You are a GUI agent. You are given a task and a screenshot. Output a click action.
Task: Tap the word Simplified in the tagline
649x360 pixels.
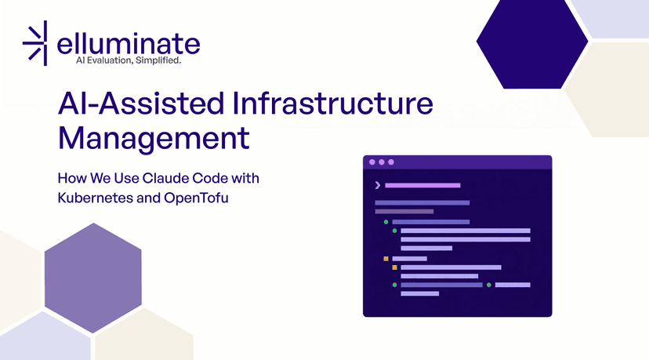click(x=158, y=60)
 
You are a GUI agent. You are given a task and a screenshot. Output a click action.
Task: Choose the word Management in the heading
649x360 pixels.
click(x=154, y=139)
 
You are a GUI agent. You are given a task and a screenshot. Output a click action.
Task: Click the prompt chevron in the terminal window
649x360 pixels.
click(x=378, y=185)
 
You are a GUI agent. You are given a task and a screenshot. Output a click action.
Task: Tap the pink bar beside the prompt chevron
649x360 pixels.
click(x=422, y=185)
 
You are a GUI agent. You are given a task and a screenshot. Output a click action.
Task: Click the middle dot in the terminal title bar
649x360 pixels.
click(x=382, y=162)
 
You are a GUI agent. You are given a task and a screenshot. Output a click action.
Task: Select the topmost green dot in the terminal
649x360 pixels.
click(x=386, y=222)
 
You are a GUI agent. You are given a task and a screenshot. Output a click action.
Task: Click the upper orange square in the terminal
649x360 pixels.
click(x=386, y=258)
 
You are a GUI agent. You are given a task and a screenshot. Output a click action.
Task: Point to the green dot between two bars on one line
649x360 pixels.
click(x=489, y=285)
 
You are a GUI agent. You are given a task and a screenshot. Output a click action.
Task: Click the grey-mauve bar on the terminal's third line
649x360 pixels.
click(x=404, y=211)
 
